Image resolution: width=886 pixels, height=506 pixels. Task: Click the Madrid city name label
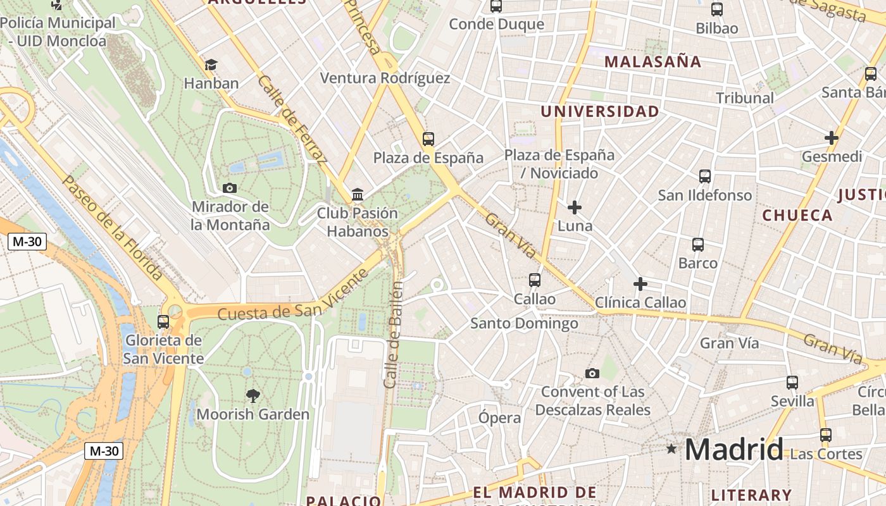733,449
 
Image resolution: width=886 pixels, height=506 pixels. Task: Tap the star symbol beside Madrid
671,449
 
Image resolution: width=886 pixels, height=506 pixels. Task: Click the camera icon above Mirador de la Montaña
230,188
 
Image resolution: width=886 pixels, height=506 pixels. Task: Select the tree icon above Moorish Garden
253,396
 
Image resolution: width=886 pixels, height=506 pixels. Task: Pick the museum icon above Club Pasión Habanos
358,194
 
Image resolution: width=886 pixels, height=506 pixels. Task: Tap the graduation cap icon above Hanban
211,65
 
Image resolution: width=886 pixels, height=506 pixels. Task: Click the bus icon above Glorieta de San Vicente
163,321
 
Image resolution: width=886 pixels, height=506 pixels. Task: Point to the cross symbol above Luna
575,207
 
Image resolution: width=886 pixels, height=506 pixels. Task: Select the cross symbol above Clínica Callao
640,284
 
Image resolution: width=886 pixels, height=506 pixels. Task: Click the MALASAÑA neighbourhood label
653,62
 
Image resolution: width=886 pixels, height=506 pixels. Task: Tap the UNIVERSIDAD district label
600,112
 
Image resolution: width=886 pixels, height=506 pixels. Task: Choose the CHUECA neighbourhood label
797,215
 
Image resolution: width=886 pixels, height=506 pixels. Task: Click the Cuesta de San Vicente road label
292,296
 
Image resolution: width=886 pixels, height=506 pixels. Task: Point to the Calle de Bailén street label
394,335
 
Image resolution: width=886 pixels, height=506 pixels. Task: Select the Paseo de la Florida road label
111,228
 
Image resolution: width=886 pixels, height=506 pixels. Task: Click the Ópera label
500,418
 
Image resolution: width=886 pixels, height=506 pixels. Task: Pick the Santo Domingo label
524,324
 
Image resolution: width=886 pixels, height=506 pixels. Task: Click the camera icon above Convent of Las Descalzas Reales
592,374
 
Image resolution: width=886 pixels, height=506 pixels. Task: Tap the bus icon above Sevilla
792,382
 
